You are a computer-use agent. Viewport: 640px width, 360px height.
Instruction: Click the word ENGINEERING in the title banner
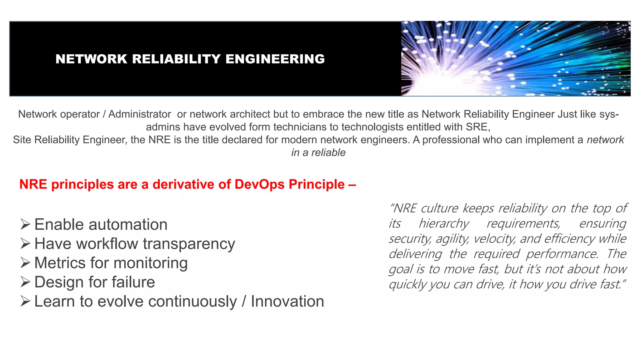[275, 59]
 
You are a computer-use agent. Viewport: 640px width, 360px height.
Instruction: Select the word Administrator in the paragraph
[140, 114]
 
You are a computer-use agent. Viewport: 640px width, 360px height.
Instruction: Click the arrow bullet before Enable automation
[25, 224]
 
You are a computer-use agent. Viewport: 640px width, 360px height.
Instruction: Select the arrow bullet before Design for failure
[25, 282]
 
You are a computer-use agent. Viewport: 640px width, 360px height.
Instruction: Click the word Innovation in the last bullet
[287, 302]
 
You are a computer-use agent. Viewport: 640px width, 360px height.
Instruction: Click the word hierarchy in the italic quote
[444, 224]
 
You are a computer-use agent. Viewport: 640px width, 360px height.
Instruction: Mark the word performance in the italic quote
[562, 254]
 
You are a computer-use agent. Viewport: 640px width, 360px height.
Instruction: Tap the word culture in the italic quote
[439, 208]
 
